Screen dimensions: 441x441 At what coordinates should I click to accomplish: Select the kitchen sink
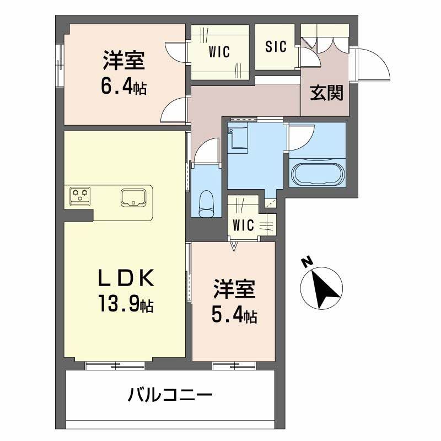[x=133, y=197]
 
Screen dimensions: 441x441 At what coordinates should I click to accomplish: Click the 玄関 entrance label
[x=326, y=93]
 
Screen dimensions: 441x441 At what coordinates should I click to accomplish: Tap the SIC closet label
[x=276, y=47]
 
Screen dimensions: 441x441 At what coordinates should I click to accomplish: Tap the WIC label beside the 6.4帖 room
[x=219, y=51]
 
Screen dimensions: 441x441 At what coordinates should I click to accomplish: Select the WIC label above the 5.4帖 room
[x=243, y=225]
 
